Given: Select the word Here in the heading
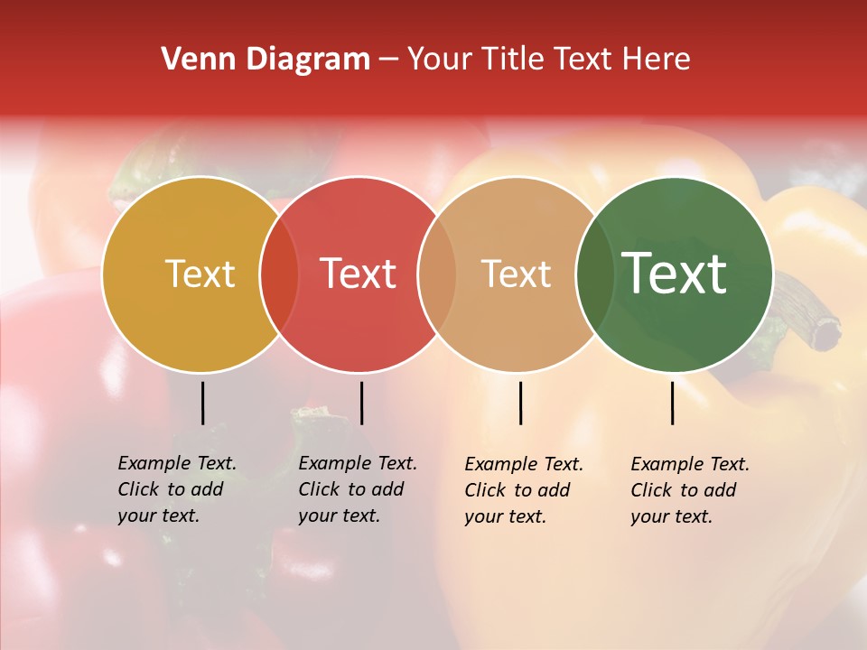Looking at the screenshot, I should click(658, 60).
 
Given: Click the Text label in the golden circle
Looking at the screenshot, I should click(200, 274).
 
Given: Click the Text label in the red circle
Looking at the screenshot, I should click(359, 274).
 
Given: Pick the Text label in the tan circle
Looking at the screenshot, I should click(516, 274).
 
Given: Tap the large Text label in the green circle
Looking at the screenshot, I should click(675, 274).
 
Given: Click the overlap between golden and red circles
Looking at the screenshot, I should click(279, 274).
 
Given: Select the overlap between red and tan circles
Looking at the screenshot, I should click(437, 274).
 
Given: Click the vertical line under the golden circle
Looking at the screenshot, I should click(202, 403).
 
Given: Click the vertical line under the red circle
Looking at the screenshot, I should click(361, 403).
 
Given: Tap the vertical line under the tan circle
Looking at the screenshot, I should click(520, 403).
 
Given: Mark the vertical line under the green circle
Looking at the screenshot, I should click(672, 403).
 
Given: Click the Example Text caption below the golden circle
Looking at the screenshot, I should click(177, 489).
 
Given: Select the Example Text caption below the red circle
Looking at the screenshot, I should click(358, 489).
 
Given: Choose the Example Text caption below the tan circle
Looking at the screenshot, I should click(524, 490).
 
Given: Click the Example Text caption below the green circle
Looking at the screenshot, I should click(690, 490).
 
